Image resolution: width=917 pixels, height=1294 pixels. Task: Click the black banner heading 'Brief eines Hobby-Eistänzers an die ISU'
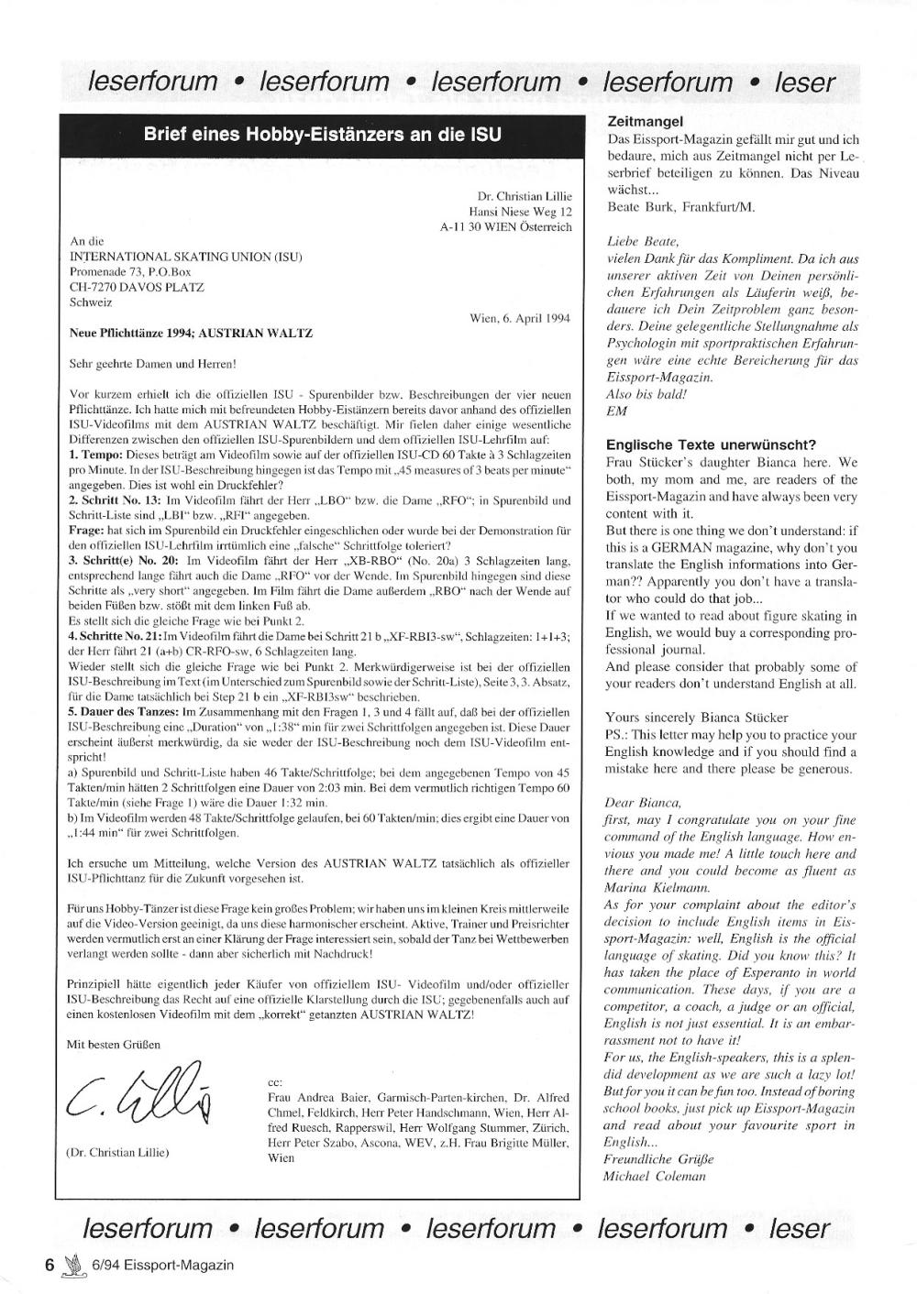323,135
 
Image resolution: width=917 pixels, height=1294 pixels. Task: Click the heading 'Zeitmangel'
646,122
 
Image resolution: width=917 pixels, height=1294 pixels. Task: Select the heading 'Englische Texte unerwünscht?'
711,445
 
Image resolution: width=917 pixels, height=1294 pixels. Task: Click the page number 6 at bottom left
51,1265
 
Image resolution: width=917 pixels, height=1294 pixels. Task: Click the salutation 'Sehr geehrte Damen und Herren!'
153,364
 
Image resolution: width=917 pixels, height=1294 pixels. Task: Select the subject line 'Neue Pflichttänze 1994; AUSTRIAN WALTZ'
191,334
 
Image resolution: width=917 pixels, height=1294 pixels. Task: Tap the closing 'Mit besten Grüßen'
115,1044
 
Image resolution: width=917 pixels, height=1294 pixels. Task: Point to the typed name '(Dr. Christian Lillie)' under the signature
119,1152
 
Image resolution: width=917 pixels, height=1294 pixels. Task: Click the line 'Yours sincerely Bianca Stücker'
697,718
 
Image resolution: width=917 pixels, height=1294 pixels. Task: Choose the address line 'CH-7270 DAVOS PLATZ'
137,287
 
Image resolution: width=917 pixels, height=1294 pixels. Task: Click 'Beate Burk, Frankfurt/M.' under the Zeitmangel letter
681,207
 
